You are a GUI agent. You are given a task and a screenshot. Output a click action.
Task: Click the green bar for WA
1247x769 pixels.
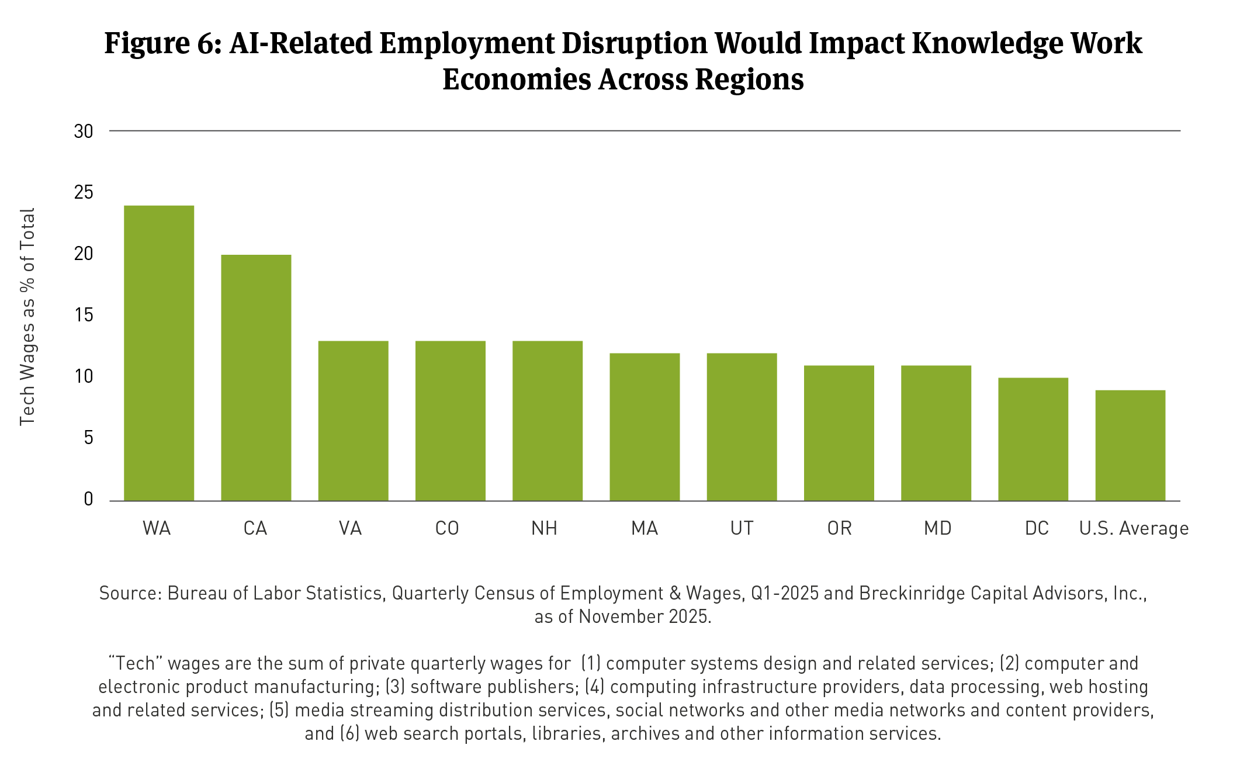point(159,353)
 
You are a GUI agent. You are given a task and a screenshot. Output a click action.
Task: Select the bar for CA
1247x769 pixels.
point(256,377)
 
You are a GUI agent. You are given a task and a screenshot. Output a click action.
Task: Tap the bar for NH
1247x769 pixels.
point(548,421)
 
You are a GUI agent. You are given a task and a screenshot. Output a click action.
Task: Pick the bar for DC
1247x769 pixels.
point(1033,439)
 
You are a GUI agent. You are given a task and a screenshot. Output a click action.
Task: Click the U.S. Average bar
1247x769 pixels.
point(1130,445)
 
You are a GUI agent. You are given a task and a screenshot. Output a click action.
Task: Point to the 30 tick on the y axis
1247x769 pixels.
point(84,131)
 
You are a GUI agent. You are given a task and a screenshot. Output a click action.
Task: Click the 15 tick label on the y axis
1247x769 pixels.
point(84,316)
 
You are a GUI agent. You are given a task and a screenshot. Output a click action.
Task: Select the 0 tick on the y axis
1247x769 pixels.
point(88,500)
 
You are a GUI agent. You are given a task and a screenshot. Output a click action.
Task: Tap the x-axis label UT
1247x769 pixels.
point(742,528)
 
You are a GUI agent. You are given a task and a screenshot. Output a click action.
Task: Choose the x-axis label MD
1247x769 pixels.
point(937,528)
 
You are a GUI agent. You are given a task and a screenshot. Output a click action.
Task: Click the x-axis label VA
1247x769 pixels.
point(350,528)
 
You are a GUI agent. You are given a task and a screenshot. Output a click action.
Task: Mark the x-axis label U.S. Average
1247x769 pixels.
point(1134,528)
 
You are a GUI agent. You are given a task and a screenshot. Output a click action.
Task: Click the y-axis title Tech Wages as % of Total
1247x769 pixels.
point(27,316)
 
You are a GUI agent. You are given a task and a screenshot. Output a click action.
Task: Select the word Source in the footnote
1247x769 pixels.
point(129,593)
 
